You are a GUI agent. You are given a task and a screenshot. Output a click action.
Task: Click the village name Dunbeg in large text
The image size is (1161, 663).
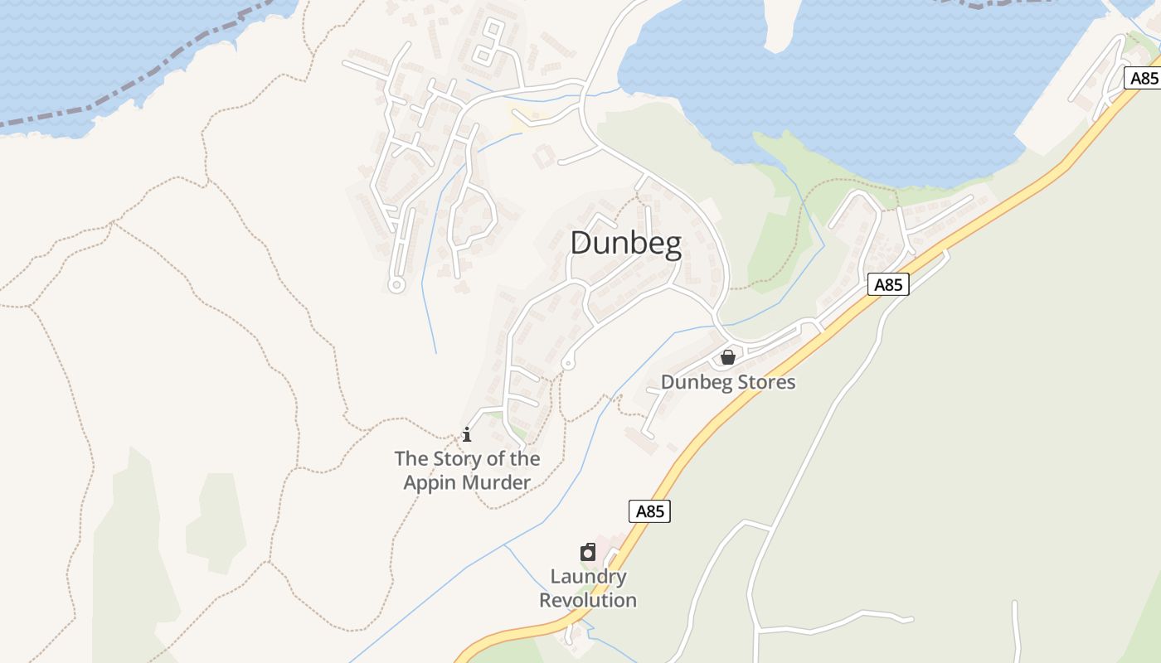626,244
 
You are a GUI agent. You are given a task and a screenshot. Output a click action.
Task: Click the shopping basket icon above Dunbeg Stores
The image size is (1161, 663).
728,357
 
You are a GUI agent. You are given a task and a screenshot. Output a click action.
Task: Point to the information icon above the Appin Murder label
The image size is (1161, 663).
467,433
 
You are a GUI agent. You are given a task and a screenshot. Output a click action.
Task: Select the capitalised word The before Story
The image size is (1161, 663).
411,458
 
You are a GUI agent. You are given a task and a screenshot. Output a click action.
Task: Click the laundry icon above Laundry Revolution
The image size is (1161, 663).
588,552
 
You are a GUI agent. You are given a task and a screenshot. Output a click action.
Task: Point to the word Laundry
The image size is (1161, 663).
588,577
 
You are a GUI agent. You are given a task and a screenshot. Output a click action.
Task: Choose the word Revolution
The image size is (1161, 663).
588,600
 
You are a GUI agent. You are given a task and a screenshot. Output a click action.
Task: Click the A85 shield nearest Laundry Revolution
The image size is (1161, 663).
649,511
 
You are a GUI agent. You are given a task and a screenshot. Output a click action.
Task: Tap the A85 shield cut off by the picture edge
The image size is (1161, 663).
1143,78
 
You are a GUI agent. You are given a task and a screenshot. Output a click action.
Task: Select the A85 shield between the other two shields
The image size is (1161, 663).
888,284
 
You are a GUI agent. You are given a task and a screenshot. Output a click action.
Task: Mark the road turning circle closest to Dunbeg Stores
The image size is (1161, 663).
568,363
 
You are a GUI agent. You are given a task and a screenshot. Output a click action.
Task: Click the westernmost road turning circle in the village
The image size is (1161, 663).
396,285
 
